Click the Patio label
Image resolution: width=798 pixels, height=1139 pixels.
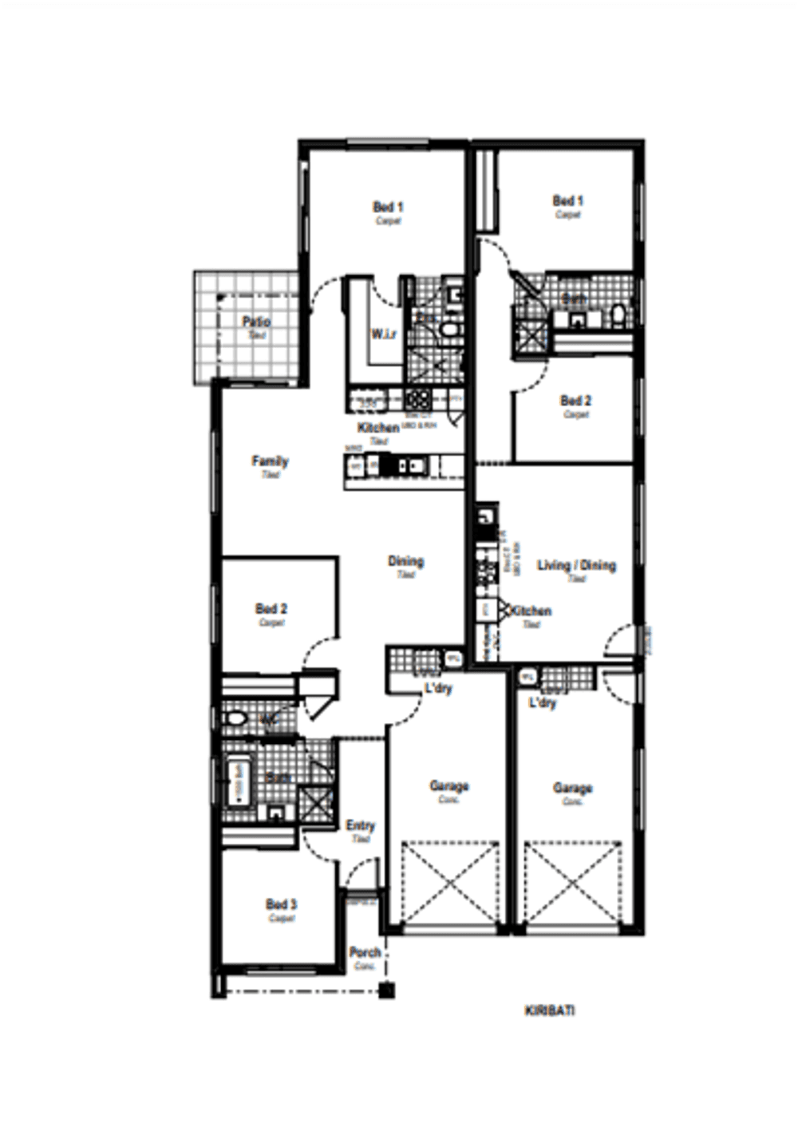(256, 322)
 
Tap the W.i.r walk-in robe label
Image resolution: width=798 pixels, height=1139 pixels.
(384, 334)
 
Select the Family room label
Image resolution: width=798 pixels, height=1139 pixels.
(270, 461)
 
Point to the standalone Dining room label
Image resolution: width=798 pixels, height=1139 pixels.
(405, 561)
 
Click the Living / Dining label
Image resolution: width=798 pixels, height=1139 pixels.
(576, 565)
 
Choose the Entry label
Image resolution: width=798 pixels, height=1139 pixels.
(360, 825)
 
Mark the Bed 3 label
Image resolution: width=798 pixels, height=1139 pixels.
(281, 904)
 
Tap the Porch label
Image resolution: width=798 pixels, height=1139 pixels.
(365, 952)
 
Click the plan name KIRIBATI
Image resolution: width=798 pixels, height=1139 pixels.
(550, 1010)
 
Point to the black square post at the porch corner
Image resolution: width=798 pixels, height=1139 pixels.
(387, 991)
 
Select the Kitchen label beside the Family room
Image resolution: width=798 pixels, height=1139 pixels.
(377, 428)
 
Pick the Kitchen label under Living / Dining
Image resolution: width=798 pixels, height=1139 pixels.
(531, 611)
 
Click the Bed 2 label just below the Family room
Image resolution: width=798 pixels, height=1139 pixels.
(271, 608)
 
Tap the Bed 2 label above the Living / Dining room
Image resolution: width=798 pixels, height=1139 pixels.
(575, 401)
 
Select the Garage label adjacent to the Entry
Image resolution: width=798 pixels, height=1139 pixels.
(449, 786)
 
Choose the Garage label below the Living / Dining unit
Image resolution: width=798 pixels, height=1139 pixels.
(572, 788)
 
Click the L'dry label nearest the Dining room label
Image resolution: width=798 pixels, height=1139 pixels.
(438, 688)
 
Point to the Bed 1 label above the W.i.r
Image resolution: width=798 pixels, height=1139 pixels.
(388, 207)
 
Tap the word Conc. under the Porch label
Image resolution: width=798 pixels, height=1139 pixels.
(365, 966)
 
